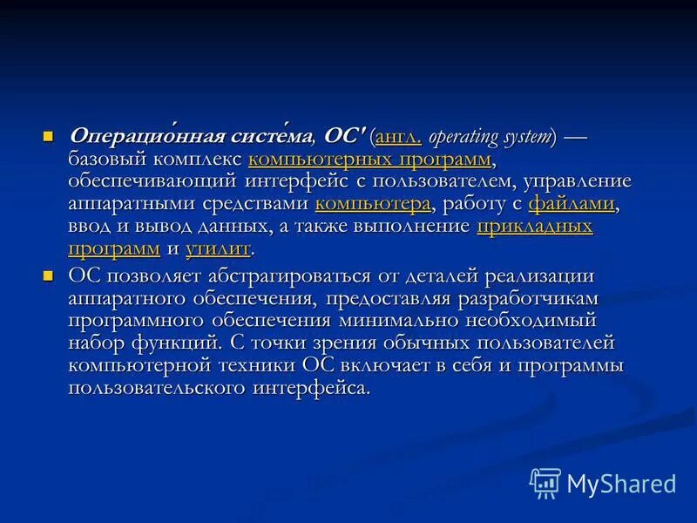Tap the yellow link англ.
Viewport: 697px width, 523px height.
(398, 138)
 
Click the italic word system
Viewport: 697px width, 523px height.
(531, 138)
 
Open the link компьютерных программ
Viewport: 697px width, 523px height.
(369, 160)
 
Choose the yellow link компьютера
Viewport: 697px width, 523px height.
(373, 204)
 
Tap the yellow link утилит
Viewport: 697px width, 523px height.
(218, 248)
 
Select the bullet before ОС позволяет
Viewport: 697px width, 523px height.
(49, 276)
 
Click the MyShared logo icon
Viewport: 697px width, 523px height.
(545, 482)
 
